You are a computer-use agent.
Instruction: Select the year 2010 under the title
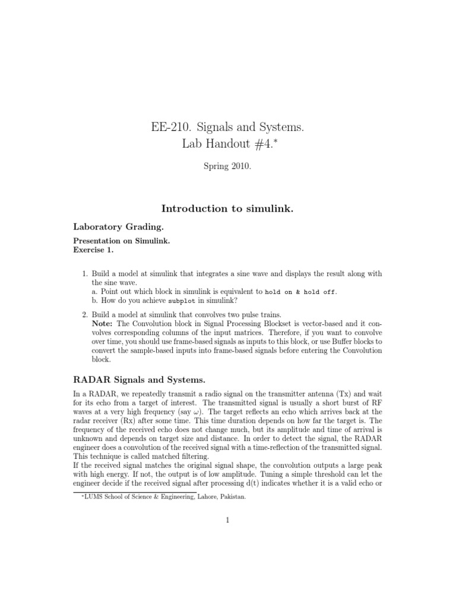click(x=239, y=168)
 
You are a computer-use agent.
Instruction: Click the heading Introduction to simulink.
click(x=227, y=209)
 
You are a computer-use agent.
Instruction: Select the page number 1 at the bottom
click(x=227, y=520)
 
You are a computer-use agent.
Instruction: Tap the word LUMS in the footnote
click(x=89, y=498)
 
